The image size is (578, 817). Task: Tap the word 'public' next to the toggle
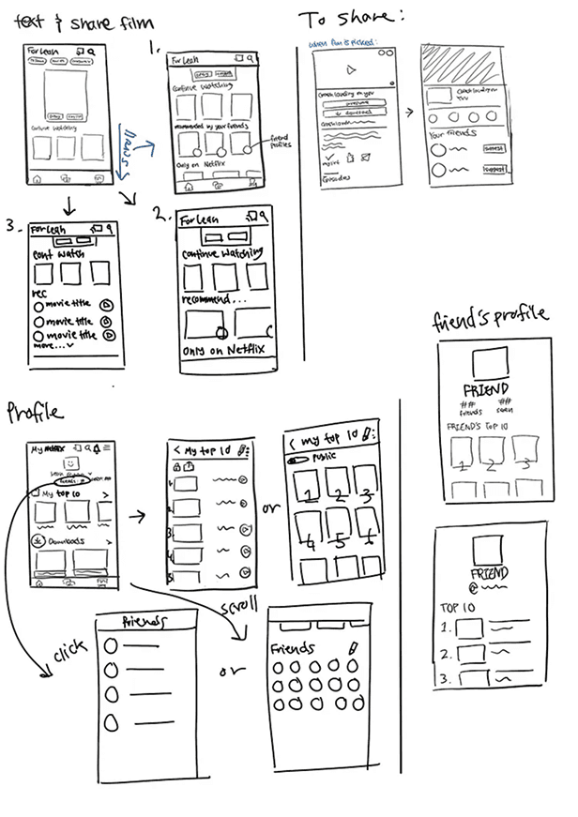tap(325, 459)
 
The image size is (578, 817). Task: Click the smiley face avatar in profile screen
tap(69, 464)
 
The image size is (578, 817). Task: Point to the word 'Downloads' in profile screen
tap(63, 541)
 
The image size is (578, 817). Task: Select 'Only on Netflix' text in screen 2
tap(223, 351)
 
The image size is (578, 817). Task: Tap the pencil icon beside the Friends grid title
tap(353, 647)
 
